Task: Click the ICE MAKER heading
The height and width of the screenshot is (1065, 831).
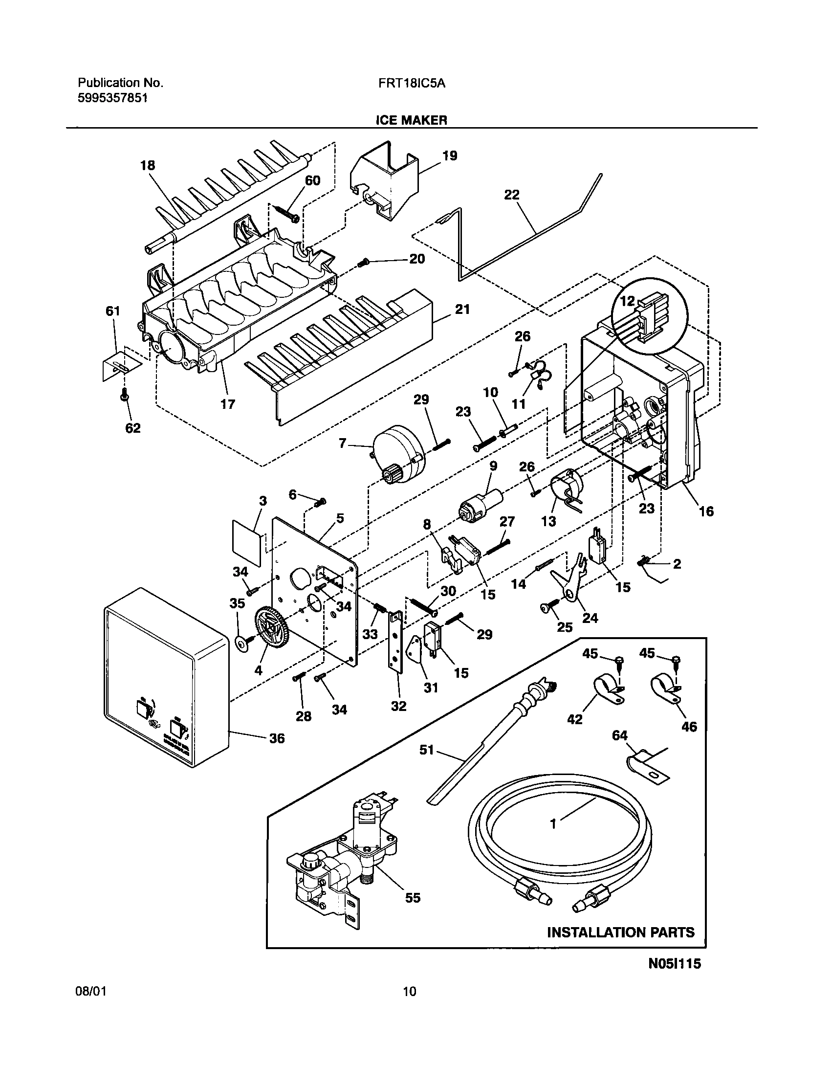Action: (411, 120)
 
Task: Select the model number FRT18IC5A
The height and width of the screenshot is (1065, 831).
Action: (411, 83)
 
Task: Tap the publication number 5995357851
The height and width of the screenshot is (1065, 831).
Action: (112, 98)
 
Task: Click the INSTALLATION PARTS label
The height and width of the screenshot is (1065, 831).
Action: (620, 932)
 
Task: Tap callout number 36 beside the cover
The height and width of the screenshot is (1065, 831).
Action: (277, 738)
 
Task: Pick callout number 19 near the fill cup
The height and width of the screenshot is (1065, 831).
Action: (449, 156)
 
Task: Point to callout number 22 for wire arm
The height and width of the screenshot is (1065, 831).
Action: (511, 195)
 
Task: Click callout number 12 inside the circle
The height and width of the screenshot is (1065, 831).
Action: (627, 301)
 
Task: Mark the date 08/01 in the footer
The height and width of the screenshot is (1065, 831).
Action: (91, 992)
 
